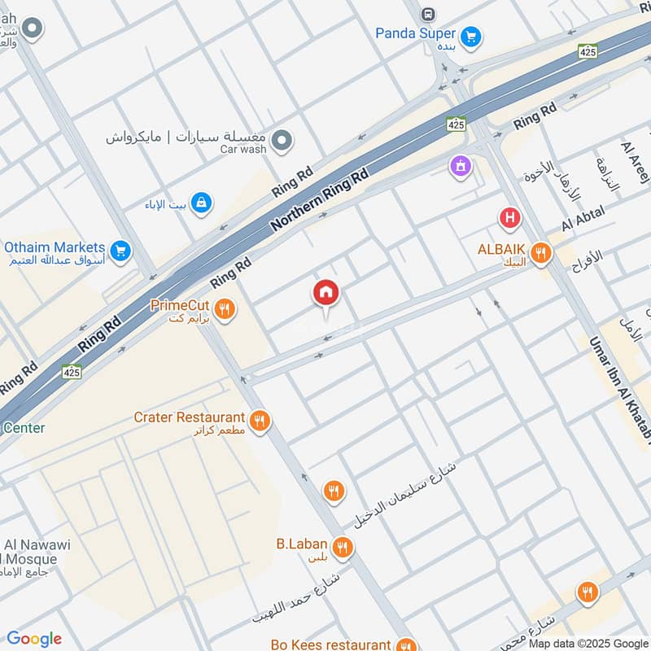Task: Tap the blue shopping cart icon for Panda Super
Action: [470, 37]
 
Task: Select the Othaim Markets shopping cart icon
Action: [120, 251]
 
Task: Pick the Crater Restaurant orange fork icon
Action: [260, 421]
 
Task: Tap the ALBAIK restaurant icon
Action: [538, 251]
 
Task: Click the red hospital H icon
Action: [509, 218]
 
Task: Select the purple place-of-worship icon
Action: [461, 167]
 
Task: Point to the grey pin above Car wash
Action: [282, 141]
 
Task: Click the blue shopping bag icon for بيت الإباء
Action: [201, 202]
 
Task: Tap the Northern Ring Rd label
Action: [320, 199]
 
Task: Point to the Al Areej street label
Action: [636, 163]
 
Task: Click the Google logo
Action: [34, 639]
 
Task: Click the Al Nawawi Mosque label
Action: [33, 552]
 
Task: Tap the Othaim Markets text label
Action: [55, 247]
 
